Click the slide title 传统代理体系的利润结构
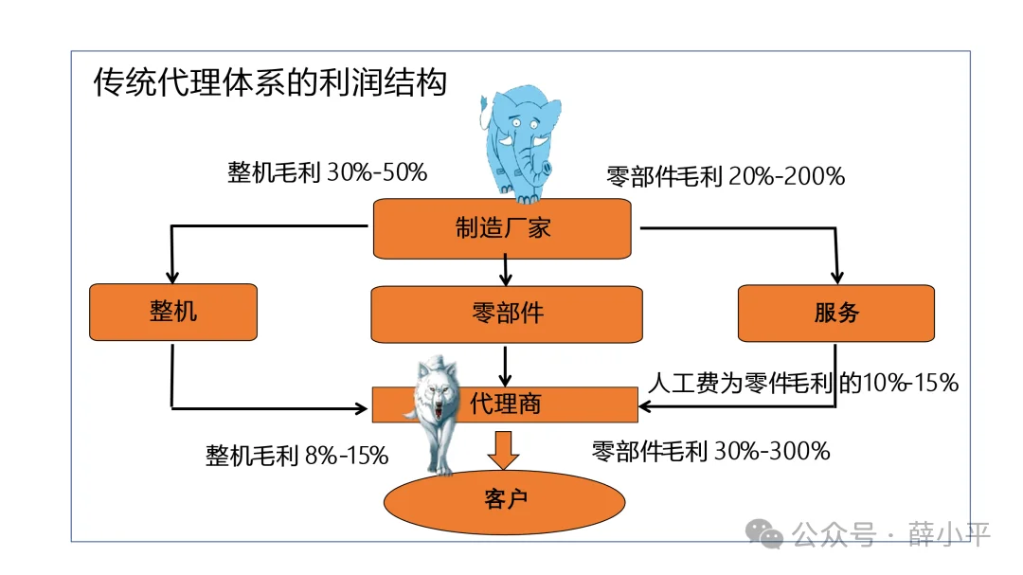(270, 83)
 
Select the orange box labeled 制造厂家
(502, 229)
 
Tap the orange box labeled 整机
(173, 312)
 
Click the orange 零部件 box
(507, 314)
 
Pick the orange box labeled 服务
(835, 314)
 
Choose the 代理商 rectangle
(505, 404)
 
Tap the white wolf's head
(435, 389)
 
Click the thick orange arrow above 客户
(503, 450)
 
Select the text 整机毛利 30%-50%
(327, 172)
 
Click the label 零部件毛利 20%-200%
(726, 176)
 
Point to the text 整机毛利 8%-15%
(296, 455)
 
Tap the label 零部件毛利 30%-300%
(710, 451)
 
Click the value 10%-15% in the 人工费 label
(910, 383)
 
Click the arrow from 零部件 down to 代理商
(505, 367)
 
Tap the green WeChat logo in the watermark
(764, 533)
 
